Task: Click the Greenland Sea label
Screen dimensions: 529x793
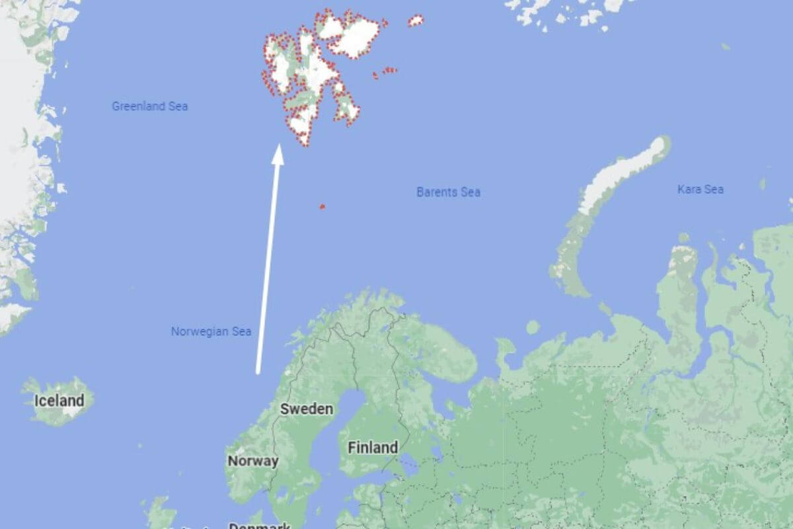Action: point(149,106)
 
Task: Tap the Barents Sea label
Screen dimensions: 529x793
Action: point(448,192)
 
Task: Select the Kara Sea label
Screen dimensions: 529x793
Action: point(700,189)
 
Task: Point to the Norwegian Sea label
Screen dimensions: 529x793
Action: point(211,331)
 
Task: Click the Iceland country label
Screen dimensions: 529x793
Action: point(59,400)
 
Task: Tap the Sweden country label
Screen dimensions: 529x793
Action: point(307,409)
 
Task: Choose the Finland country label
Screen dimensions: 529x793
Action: point(373,448)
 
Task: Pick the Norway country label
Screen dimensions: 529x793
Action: point(252,461)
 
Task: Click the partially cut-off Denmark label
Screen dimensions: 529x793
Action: point(259,526)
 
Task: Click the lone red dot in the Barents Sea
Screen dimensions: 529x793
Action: point(322,206)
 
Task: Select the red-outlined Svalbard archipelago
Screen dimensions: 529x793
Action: point(311,73)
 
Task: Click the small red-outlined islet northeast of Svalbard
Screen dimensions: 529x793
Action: point(416,20)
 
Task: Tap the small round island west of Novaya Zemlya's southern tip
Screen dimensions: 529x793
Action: point(533,327)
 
